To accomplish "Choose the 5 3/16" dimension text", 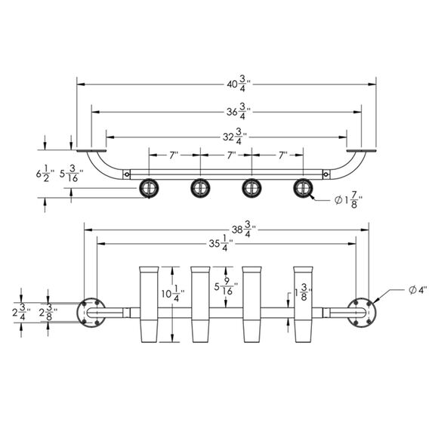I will click(x=72, y=174).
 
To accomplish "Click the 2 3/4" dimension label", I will click(x=21, y=312).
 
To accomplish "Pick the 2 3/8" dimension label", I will click(x=48, y=312).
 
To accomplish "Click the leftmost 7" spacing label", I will click(x=173, y=155).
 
